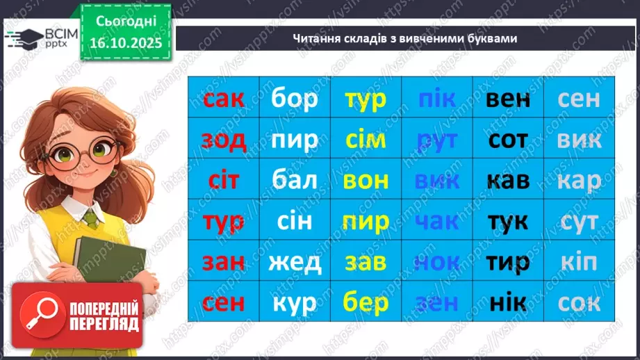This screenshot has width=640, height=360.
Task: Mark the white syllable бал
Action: tap(295, 181)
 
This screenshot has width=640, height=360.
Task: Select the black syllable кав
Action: tap(508, 181)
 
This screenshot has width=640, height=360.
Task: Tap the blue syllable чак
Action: tap(437, 222)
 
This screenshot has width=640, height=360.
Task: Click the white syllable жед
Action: tap(295, 262)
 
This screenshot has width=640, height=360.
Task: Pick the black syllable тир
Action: tap(508, 262)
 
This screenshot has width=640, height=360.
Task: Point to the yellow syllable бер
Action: tap(366, 303)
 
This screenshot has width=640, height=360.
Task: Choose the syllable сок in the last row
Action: tap(579, 303)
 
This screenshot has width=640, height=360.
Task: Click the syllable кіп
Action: tap(579, 262)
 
